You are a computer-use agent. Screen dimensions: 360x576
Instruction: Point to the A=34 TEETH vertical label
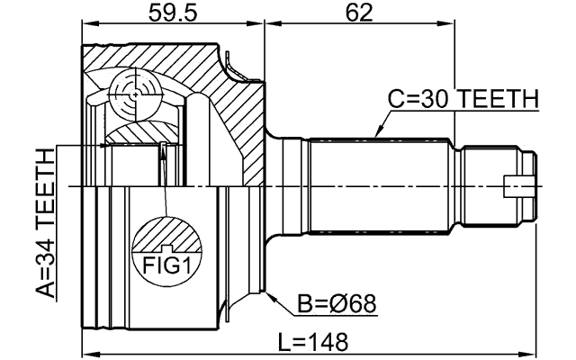click(42, 224)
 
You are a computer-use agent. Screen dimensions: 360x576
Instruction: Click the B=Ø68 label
click(337, 305)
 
